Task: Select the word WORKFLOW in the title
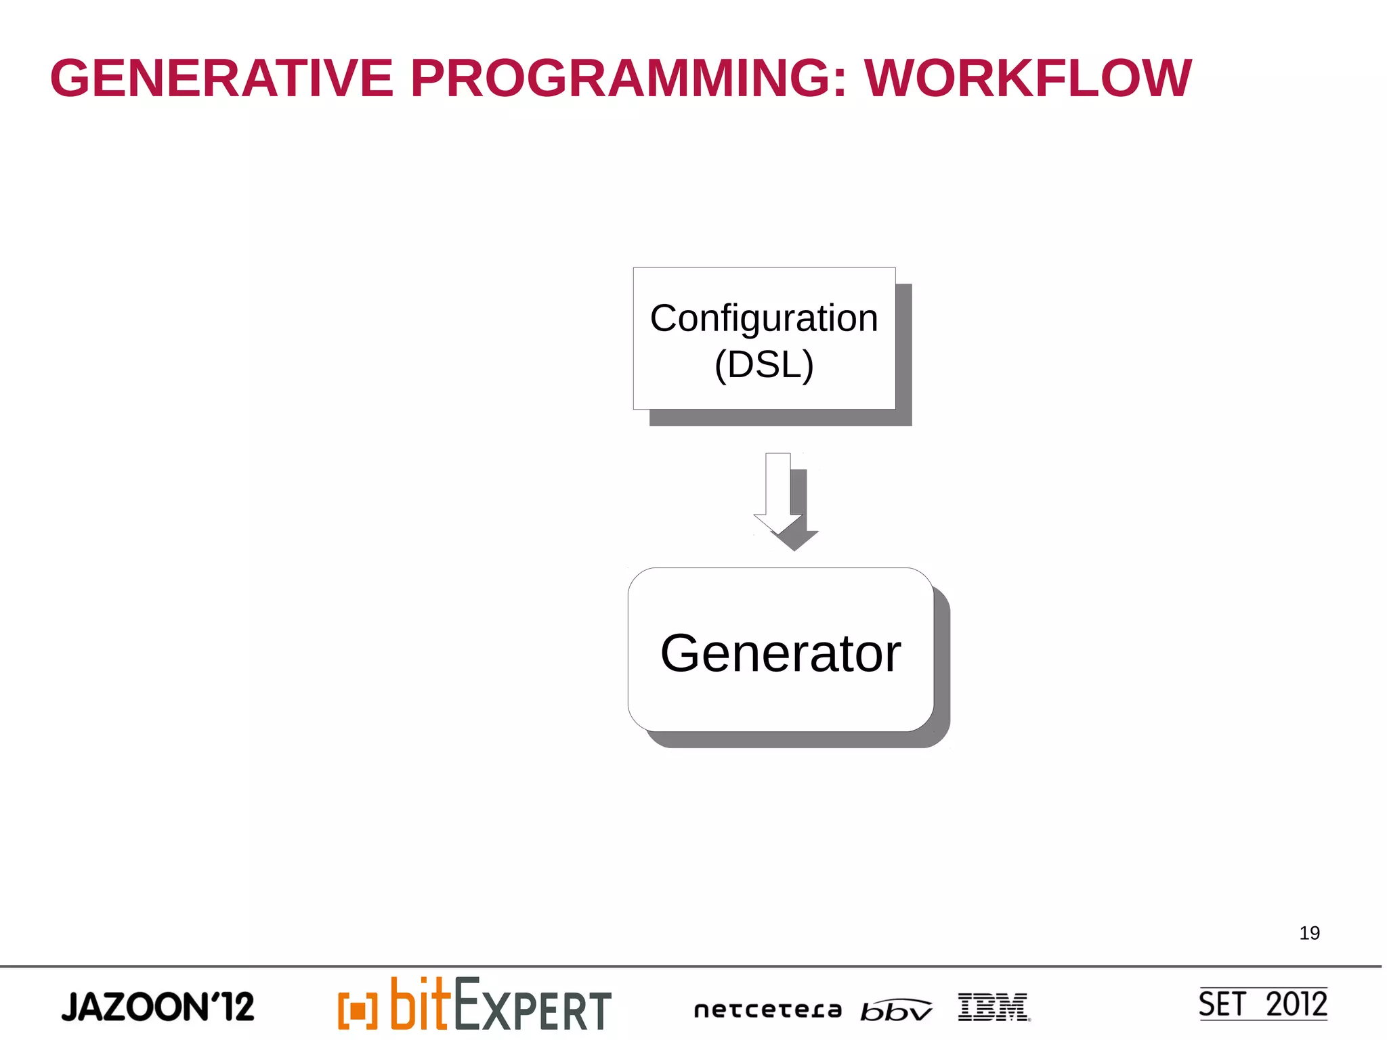pos(1027,79)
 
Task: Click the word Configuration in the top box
pos(763,318)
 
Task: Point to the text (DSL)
pos(763,365)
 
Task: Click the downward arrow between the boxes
pos(778,494)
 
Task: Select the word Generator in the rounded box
pos(780,653)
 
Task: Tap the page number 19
pos(1309,933)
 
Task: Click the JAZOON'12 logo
pos(157,1007)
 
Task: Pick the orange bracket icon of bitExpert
pos(357,1010)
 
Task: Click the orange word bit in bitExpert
pos(420,1004)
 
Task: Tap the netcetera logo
pos(767,1010)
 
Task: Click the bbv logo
pos(895,1010)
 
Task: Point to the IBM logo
pos(993,1007)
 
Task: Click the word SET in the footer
pos(1221,1004)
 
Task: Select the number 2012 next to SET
pos(1296,1004)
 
